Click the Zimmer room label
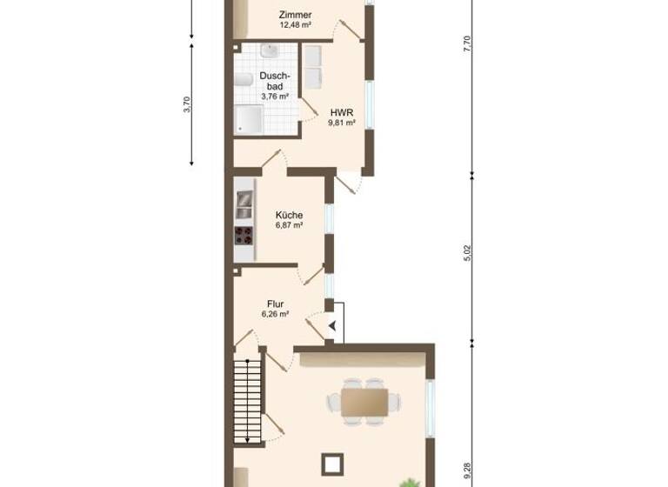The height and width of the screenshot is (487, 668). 295,15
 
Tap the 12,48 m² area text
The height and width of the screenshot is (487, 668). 295,25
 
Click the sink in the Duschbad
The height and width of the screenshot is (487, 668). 270,53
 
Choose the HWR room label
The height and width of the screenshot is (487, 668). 340,112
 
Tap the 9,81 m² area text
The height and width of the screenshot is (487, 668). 340,123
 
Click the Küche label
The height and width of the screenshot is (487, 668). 289,215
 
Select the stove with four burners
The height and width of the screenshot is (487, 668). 244,235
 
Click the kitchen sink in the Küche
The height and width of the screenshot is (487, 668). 244,203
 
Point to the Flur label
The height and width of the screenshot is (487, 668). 276,304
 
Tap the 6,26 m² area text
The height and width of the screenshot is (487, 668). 276,314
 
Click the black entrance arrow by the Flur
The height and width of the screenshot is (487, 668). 331,325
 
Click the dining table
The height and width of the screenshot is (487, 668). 364,401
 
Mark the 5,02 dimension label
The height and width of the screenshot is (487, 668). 467,254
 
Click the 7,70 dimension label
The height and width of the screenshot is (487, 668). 467,43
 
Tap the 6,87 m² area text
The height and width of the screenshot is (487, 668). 289,225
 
